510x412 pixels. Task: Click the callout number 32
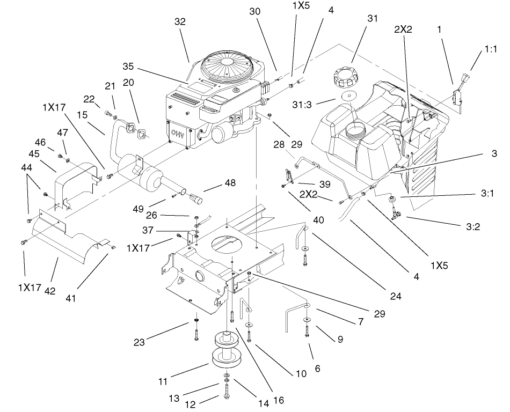(x=180, y=23)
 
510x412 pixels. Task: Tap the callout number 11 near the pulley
(x=162, y=381)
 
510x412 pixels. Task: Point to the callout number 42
(x=49, y=291)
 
